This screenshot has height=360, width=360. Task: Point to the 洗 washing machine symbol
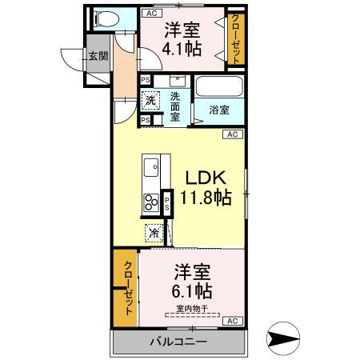coord(148,101)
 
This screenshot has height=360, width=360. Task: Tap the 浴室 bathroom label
coord(217,110)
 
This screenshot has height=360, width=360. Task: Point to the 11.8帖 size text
coord(206,197)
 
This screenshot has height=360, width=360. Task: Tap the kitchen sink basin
coord(150,169)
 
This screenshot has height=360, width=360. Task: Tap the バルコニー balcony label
coord(178,342)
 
